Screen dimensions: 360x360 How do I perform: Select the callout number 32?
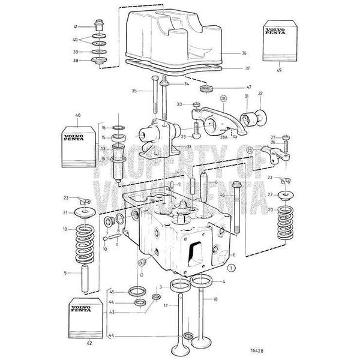(x=260, y=94)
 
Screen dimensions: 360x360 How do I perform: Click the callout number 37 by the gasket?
(x=232, y=68)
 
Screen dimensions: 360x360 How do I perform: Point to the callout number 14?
(x=103, y=158)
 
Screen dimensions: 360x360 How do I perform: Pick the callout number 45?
(x=112, y=292)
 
